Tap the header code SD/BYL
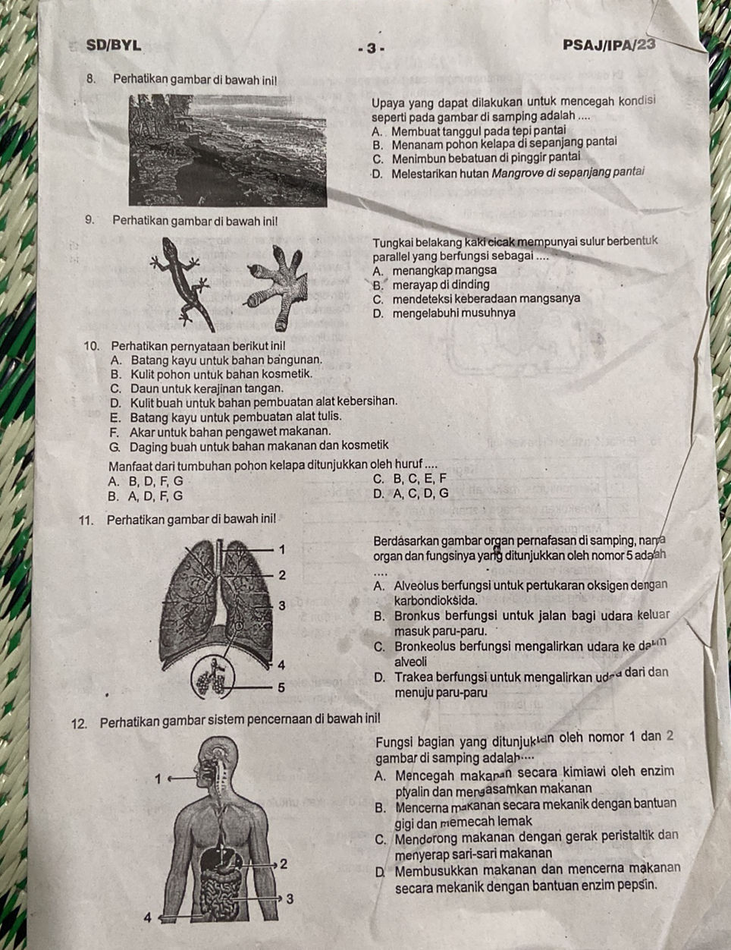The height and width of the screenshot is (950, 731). (113, 45)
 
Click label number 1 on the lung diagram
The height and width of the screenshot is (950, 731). (282, 549)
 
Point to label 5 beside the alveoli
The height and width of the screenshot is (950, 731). (281, 687)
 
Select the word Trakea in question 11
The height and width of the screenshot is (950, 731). (411, 678)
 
